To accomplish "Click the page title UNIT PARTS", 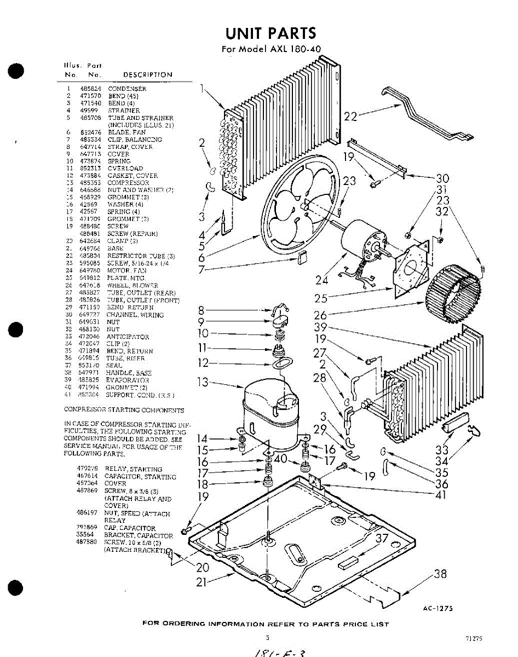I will pos(270,33).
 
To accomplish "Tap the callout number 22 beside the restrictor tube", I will pos(351,116).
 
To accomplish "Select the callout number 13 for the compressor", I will pos(204,382).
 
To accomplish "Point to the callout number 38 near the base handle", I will pos(440,574).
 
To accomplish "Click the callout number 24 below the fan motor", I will pos(323,281).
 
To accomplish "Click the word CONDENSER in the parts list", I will pos(127,89).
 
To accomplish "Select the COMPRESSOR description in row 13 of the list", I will pos(128,183).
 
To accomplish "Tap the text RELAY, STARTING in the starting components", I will pos(134,469).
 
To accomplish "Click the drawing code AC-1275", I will pos(438,608).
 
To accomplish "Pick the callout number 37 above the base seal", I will pos(382,539).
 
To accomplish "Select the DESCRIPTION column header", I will pos(147,74).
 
